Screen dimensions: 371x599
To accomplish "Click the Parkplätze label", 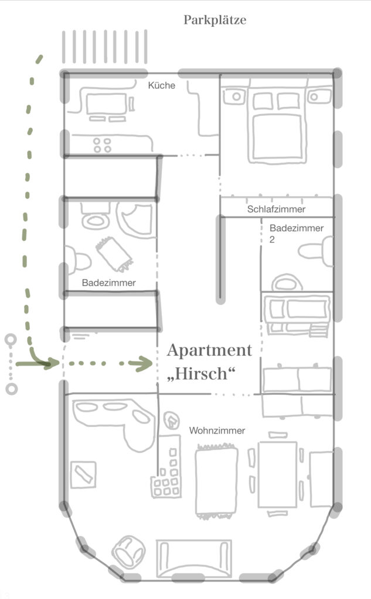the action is pos(215,20).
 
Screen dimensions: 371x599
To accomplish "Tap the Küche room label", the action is pos(162,85).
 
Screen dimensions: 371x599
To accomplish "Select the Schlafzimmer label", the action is pos(276,209).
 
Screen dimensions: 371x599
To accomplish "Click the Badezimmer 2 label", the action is pos(297,233).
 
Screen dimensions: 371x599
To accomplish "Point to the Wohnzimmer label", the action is pos(217,431).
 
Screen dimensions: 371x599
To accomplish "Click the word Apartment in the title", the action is pos(209,350).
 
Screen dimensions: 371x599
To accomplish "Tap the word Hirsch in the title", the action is pos(201,373).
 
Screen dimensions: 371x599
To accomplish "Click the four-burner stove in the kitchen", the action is pos(102,145).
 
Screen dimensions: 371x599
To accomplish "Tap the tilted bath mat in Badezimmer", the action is pos(114,254).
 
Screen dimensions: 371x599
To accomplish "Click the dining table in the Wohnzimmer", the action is pos(278,474).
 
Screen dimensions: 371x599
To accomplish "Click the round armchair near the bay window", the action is pos(128,552).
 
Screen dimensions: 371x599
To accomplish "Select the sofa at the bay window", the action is pos(194,559).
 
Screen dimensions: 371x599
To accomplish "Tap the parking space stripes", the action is pos(104,47).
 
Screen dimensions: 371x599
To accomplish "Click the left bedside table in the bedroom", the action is pos(235,97).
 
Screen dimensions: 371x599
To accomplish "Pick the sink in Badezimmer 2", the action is pos(287,283).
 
